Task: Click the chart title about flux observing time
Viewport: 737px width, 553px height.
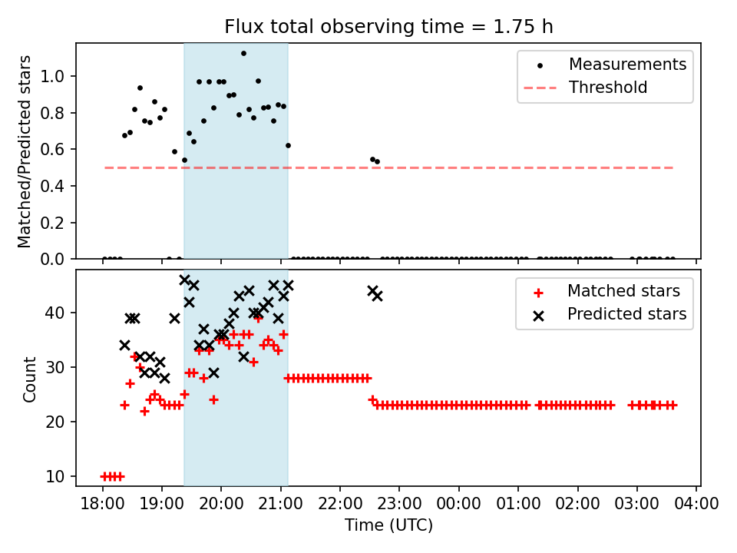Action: point(388,26)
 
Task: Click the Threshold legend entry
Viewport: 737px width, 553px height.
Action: point(586,88)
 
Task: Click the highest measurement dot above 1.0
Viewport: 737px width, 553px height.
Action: point(243,54)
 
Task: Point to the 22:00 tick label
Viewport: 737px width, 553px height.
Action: point(340,504)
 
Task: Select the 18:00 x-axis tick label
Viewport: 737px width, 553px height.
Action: point(102,504)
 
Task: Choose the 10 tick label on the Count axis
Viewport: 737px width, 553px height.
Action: point(55,476)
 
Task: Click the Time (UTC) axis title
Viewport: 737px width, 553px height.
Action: point(388,525)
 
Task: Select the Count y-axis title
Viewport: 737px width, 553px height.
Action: point(29,379)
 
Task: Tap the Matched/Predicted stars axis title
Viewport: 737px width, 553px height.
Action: point(24,151)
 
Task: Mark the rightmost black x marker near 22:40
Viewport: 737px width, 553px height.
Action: point(378,296)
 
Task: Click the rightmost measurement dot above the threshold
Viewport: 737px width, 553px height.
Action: point(378,162)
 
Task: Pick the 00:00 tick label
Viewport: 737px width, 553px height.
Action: point(459,504)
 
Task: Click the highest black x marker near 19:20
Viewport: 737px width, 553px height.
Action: point(184,280)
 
